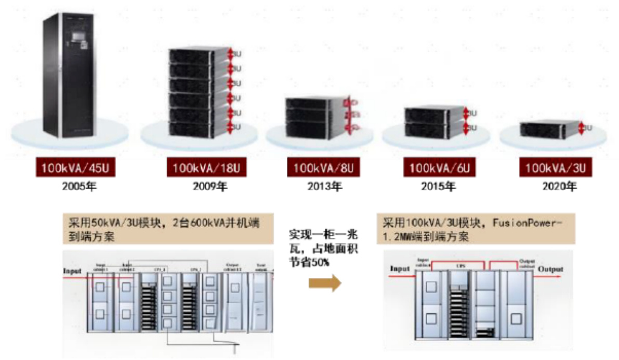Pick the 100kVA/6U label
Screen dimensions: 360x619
point(436,168)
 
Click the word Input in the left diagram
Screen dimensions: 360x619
point(72,271)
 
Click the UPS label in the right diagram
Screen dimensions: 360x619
point(459,265)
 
